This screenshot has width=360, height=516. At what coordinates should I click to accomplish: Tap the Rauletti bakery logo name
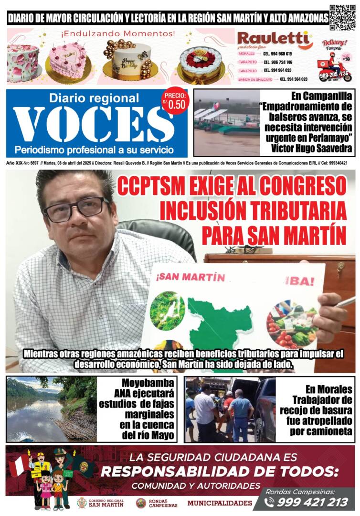(x=274, y=39)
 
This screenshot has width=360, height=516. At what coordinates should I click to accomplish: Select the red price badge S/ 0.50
(x=175, y=102)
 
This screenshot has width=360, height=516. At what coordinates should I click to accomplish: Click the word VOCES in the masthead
(x=94, y=124)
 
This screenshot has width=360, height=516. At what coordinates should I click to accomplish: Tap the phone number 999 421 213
(x=313, y=502)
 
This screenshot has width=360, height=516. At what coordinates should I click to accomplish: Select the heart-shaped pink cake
(x=68, y=59)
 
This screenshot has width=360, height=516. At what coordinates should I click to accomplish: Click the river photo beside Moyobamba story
(x=51, y=409)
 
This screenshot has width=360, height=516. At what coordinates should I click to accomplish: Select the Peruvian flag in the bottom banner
(x=18, y=466)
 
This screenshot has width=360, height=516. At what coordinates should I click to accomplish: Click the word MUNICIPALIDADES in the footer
(x=220, y=503)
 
